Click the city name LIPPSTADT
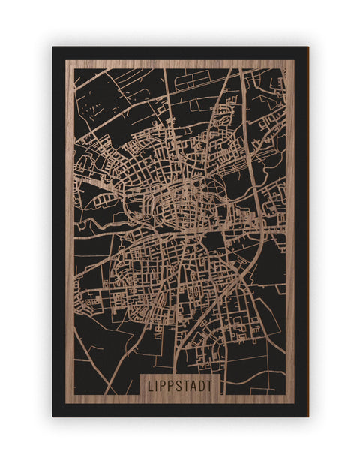click(180, 385)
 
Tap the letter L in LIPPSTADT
click(150, 385)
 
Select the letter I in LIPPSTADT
click(157, 385)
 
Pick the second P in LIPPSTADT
click(172, 385)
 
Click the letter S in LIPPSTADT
click(180, 385)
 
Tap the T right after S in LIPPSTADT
click(187, 385)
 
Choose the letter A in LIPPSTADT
click(195, 385)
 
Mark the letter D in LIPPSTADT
click(202, 385)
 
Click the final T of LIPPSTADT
click(210, 385)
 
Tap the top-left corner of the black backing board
click(53, 47)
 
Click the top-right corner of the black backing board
click(307, 47)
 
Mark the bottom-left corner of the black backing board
click(53, 416)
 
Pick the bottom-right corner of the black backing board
click(307, 416)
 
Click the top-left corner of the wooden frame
click(66, 61)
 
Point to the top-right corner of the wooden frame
click(293, 61)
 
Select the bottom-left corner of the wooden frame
click(66, 404)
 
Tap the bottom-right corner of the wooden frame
click(293, 404)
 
